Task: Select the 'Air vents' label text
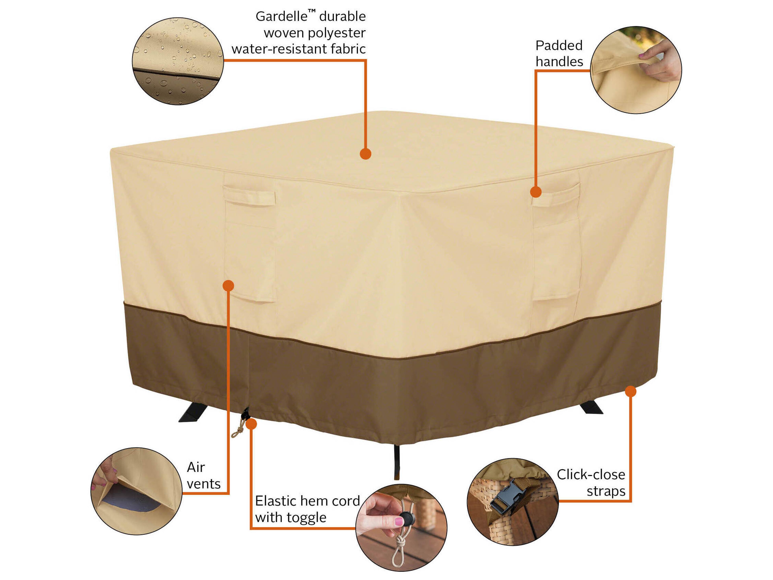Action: pyautogui.click(x=203, y=475)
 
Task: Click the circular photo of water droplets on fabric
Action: pyautogui.click(x=178, y=61)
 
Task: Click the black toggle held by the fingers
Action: pyautogui.click(x=406, y=517)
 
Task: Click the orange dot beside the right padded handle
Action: pyautogui.click(x=536, y=192)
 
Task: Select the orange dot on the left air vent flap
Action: pyautogui.click(x=228, y=286)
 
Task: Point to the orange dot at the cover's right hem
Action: pyautogui.click(x=630, y=391)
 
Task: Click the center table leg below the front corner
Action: pyautogui.click(x=397, y=462)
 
